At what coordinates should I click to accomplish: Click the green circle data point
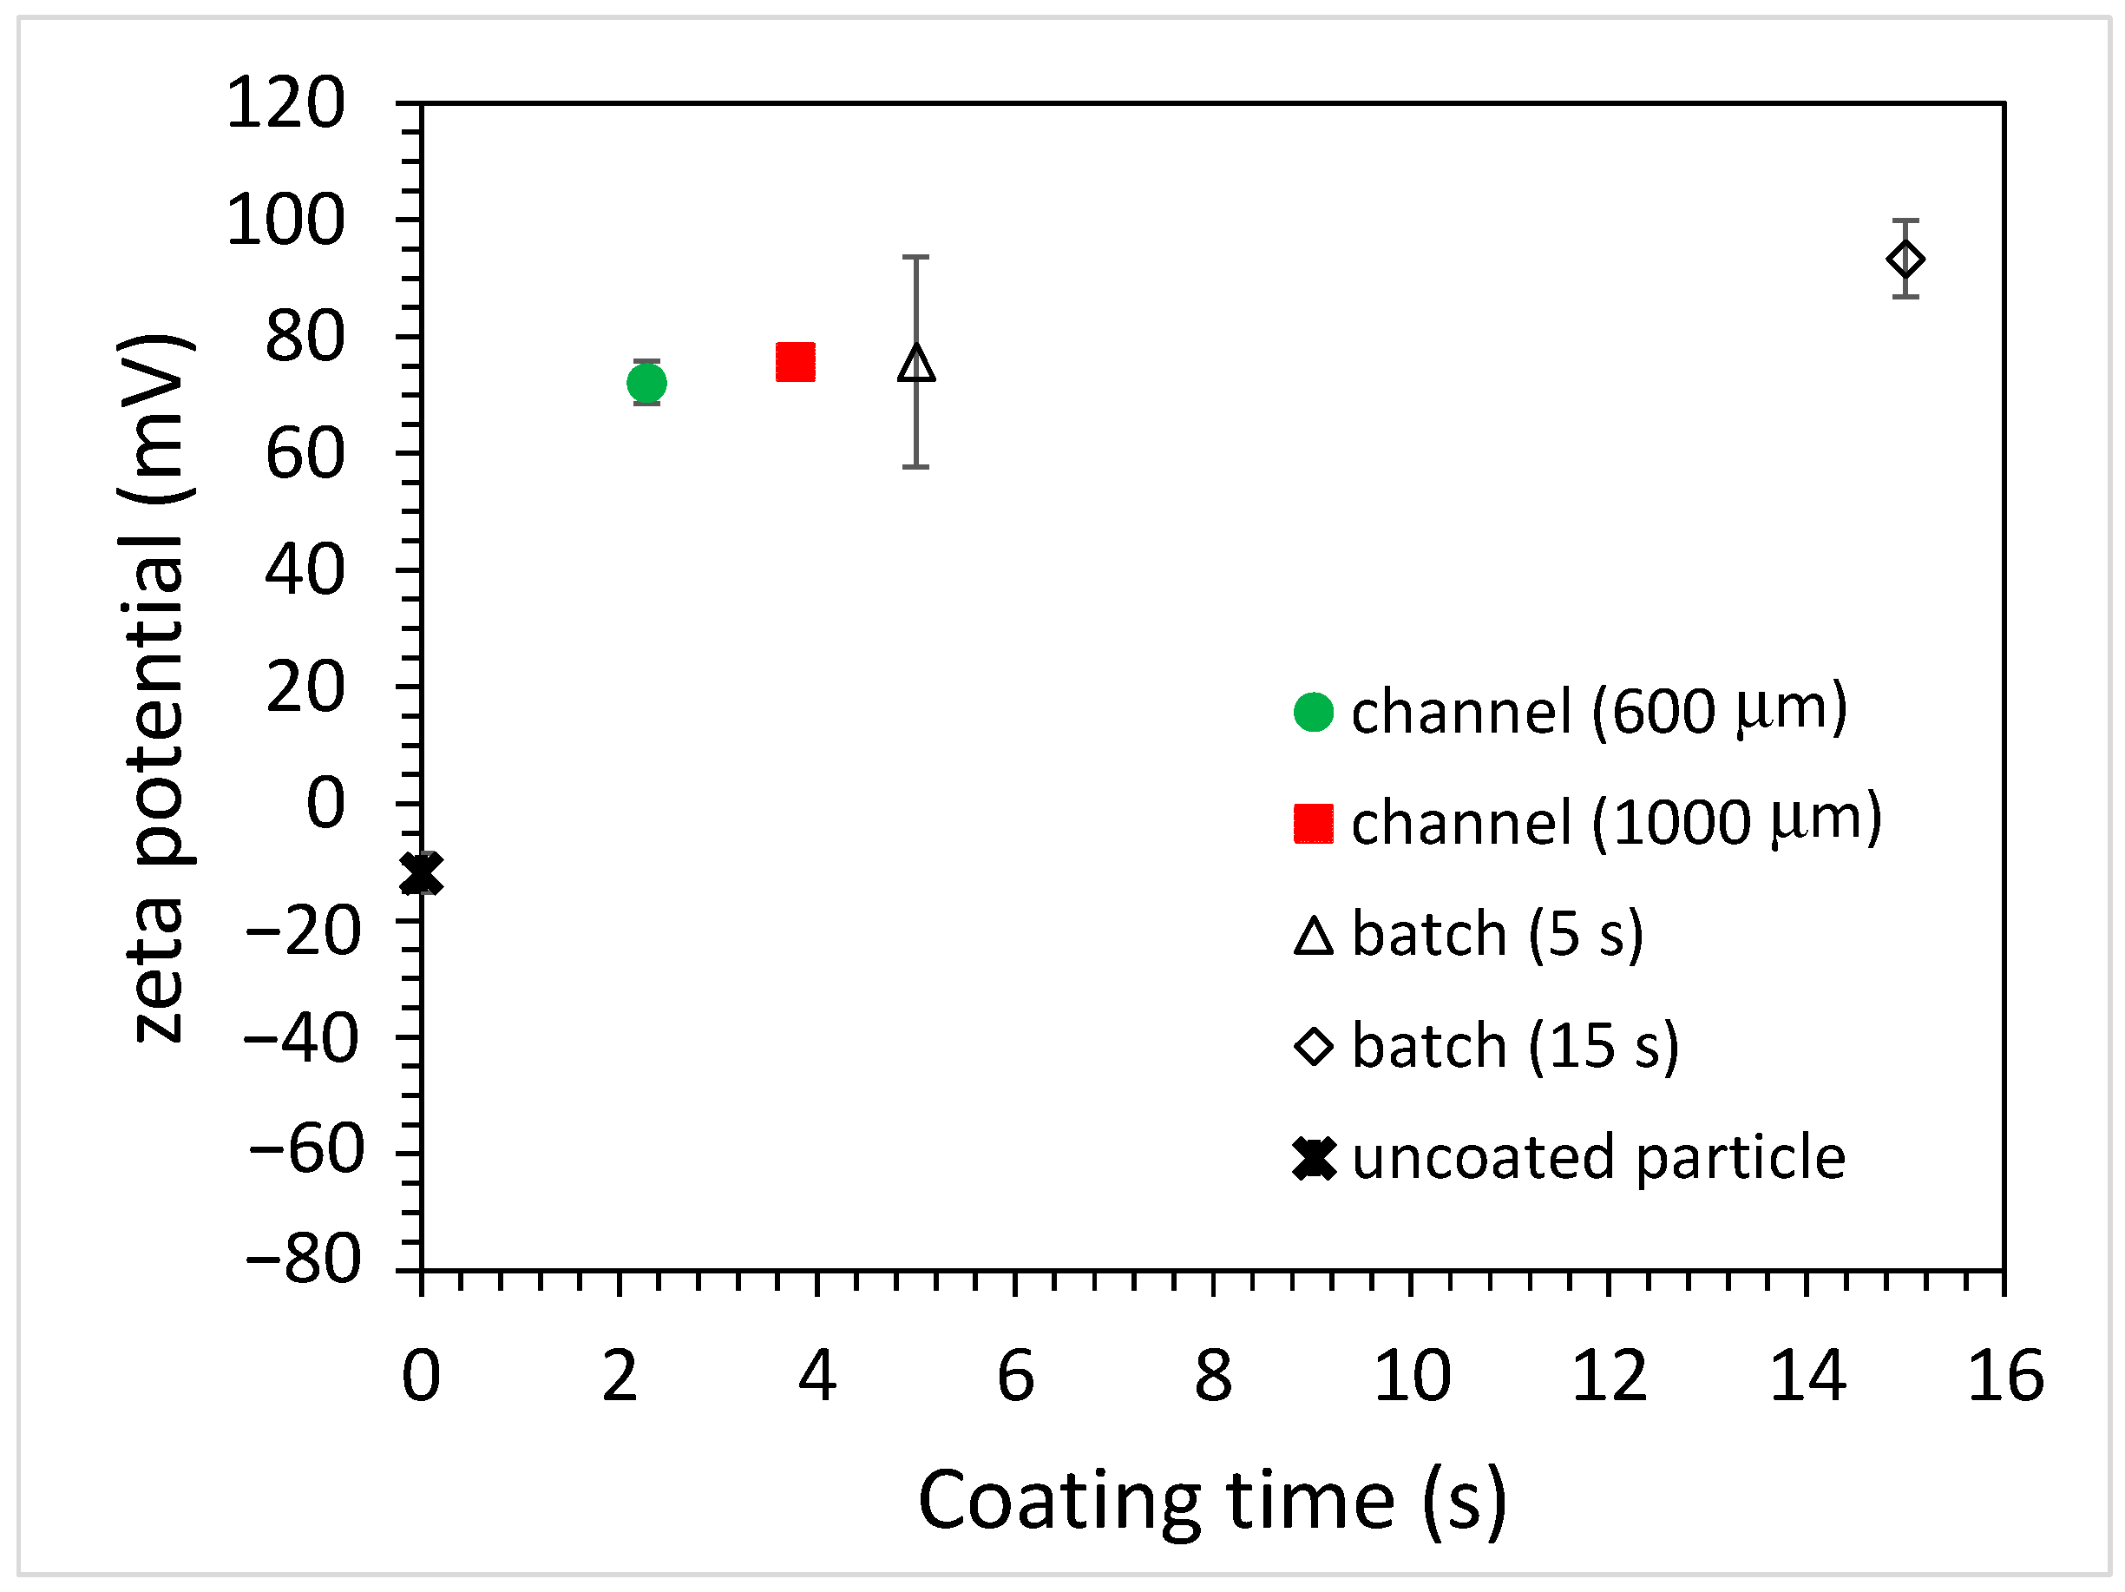point(646,384)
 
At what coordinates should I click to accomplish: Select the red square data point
point(796,362)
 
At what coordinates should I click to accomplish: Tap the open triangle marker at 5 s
point(916,364)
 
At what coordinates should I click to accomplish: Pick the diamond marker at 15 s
point(1905,260)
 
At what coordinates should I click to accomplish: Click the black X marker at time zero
point(422,873)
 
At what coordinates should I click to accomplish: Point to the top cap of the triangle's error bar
point(916,258)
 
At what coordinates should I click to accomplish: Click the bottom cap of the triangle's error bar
point(916,467)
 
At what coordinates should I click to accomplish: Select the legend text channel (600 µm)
point(1598,711)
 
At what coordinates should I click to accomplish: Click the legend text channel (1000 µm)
point(1616,822)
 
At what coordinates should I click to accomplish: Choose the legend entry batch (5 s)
point(1497,934)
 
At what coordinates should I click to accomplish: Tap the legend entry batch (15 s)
point(1515,1045)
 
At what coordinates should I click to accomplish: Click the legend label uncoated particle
point(1598,1157)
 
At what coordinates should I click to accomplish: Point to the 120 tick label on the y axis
point(285,104)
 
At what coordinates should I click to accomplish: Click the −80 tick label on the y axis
point(305,1260)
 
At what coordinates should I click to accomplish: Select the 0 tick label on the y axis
point(325,803)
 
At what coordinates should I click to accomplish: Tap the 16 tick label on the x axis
point(2005,1377)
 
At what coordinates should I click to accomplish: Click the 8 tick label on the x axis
point(1213,1377)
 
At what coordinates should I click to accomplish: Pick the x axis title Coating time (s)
point(1212,1502)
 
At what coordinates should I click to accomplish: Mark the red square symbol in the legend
point(1313,824)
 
